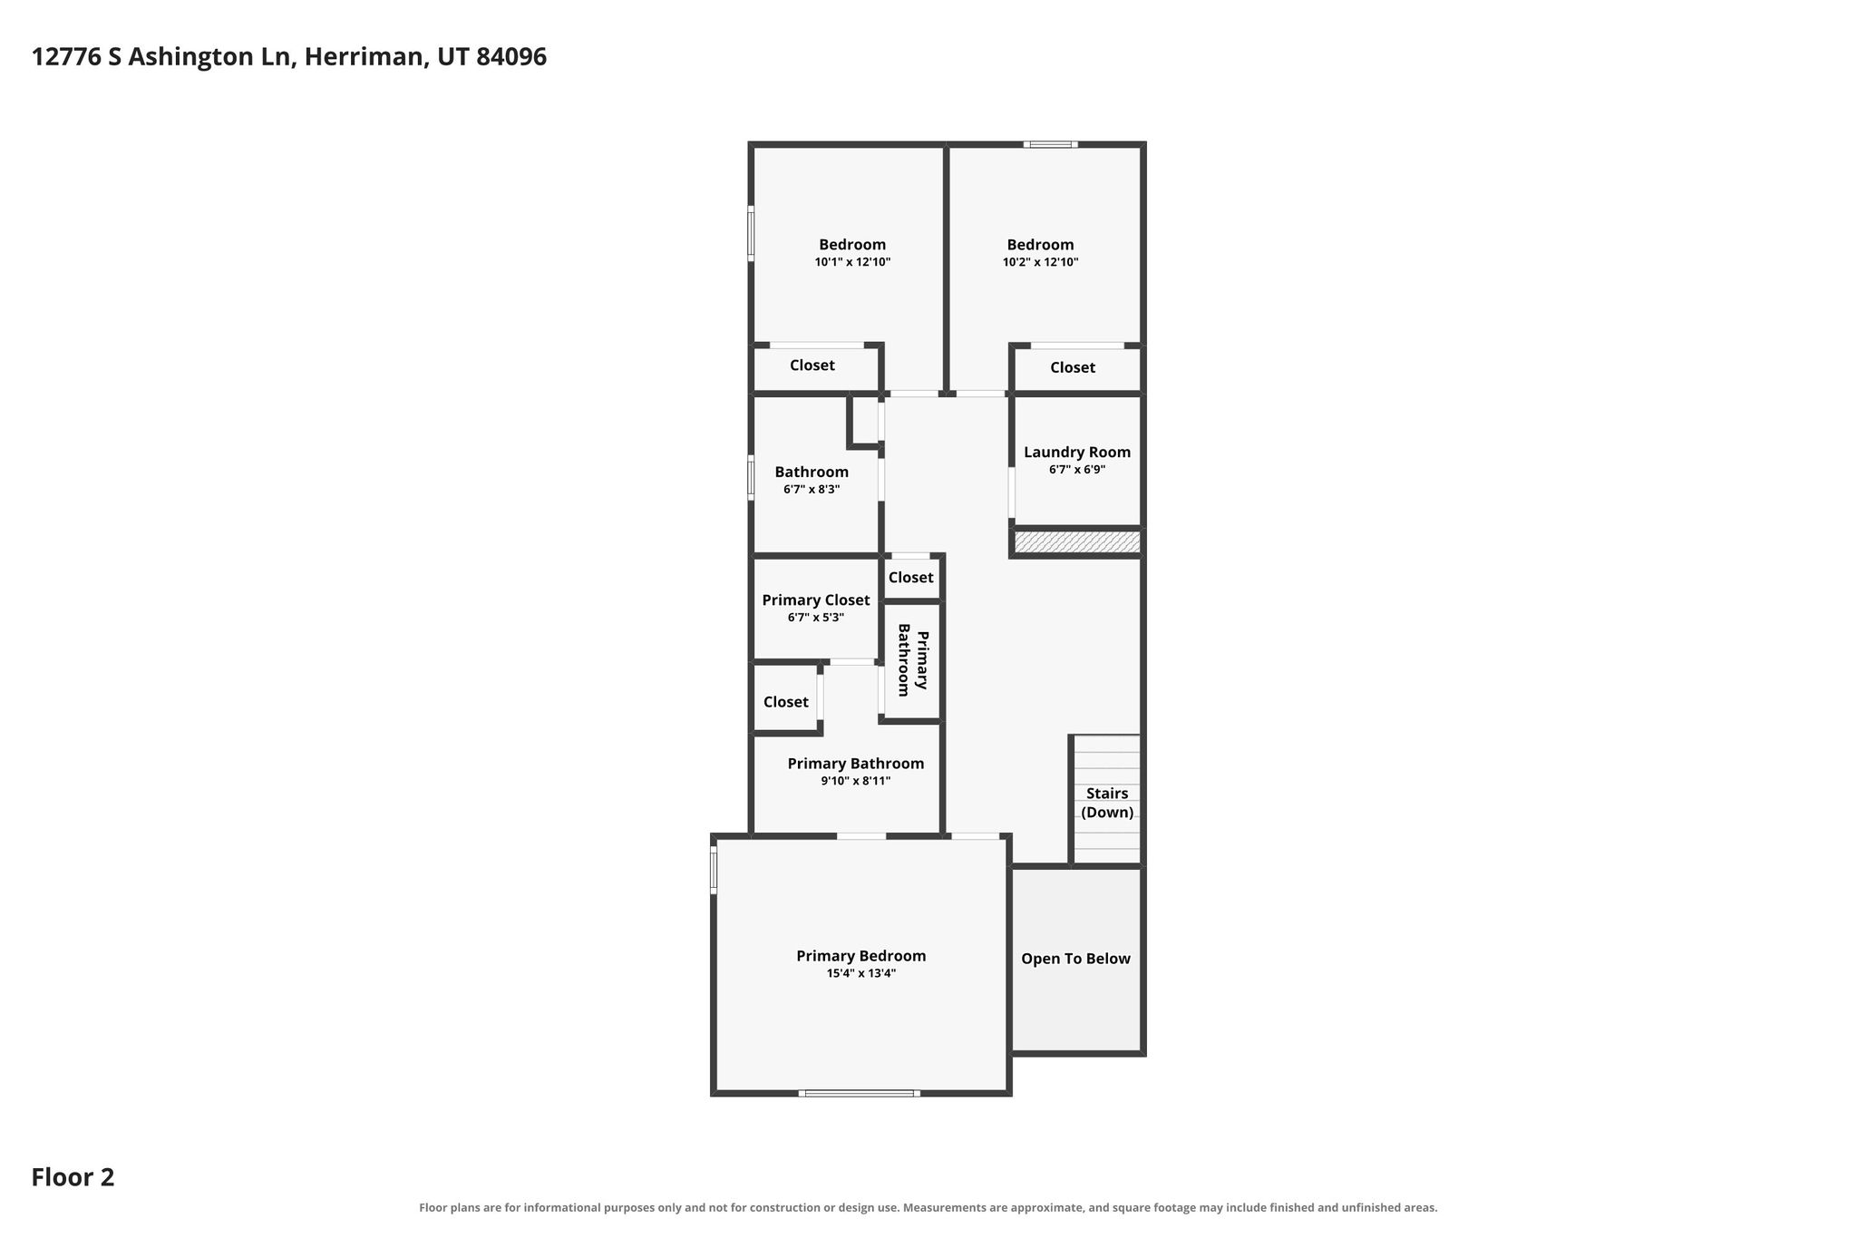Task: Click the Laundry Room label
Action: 1077,452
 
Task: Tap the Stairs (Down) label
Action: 1107,803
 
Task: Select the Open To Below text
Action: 1075,959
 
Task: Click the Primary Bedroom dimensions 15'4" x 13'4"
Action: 861,973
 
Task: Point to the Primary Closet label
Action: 816,600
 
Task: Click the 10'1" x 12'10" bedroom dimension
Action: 852,262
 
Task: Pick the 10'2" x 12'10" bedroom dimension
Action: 1040,262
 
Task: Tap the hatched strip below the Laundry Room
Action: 1077,542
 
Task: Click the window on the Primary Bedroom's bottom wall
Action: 860,1093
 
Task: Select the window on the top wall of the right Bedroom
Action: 1051,144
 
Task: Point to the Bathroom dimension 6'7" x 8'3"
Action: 812,490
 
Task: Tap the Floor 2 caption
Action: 73,1177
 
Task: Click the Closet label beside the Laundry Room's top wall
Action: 1073,367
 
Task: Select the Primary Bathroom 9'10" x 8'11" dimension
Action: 856,781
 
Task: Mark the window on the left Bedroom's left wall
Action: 751,234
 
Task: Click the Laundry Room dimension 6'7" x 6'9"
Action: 1077,470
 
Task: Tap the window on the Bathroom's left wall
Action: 751,477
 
